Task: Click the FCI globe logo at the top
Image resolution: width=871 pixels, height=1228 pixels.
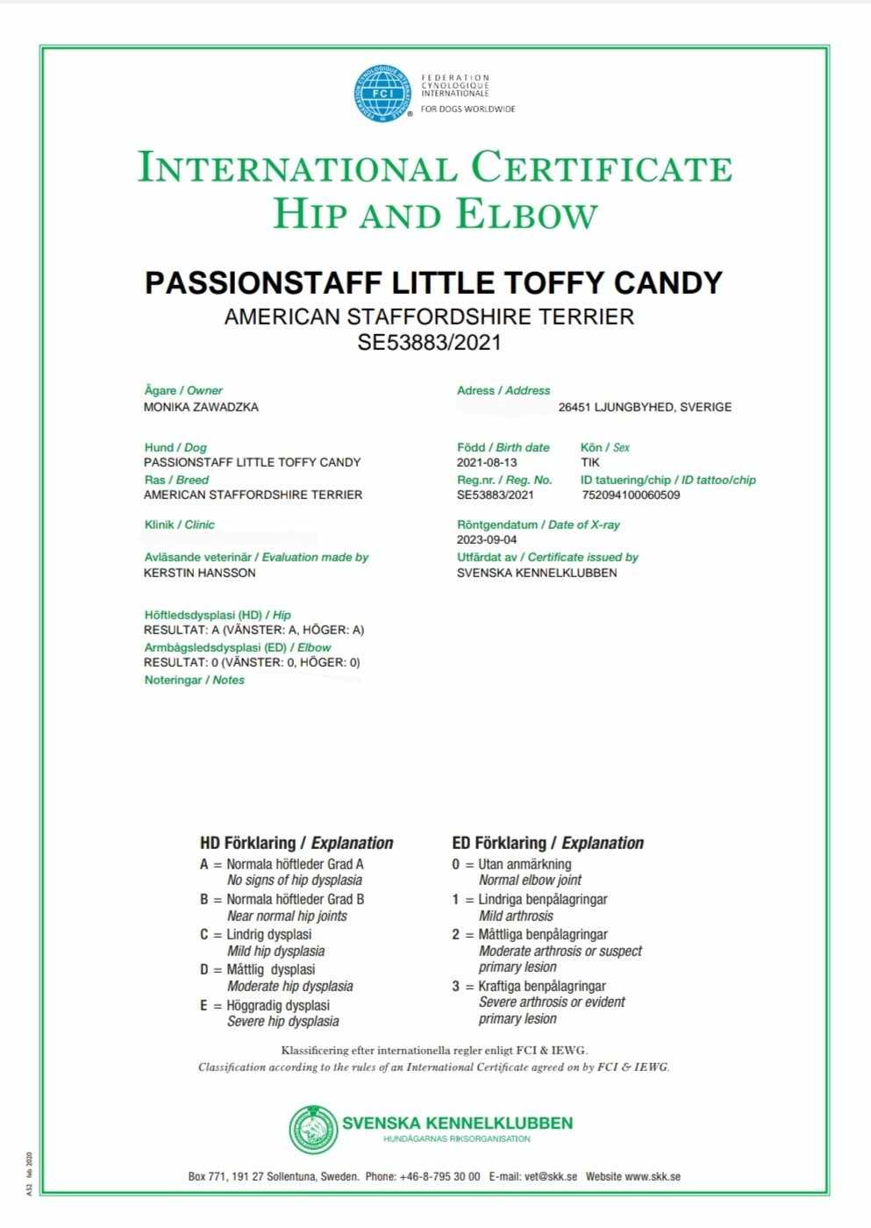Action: [382, 94]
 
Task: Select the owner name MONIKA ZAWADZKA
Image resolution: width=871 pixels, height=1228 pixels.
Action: [201, 407]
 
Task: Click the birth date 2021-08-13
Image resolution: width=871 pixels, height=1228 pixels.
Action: [487, 462]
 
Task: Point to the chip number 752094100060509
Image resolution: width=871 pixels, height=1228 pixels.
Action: [631, 495]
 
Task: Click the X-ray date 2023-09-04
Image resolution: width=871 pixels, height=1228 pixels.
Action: [487, 539]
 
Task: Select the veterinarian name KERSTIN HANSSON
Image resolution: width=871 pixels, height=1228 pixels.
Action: [200, 573]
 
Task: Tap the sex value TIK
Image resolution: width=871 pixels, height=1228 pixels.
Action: [590, 462]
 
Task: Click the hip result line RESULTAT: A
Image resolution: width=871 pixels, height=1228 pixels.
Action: [253, 630]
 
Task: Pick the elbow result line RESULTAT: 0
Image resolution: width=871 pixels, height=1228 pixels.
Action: [252, 662]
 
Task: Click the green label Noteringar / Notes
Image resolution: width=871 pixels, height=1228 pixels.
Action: [195, 680]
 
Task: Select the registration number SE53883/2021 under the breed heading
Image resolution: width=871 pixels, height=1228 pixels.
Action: [429, 342]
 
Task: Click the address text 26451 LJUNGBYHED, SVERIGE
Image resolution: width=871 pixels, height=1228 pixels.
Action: [645, 407]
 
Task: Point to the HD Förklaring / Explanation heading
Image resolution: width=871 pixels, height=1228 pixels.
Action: [296, 843]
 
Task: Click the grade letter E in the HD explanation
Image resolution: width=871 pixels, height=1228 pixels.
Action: [203, 1005]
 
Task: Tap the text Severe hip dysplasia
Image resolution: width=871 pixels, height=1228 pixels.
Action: [282, 1021]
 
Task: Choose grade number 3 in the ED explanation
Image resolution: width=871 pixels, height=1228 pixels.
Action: [456, 986]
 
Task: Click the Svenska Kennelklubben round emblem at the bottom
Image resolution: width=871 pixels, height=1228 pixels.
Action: [313, 1130]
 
